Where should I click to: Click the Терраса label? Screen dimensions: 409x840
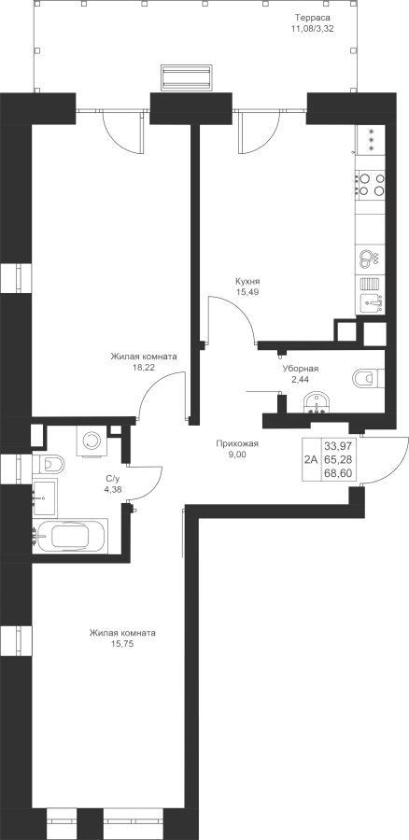coord(315,18)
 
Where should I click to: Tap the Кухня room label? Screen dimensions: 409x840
coord(247,281)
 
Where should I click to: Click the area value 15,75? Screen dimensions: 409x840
coord(122,644)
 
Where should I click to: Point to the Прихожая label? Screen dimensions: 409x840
coord(237,443)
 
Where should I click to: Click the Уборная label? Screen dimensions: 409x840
coord(301,369)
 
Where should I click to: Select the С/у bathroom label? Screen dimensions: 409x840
coord(113,478)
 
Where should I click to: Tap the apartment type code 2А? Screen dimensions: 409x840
coord(312,459)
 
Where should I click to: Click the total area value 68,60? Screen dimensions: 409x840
coord(338,473)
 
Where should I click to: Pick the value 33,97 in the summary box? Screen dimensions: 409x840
coord(338,445)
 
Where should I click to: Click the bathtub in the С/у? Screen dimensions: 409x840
coord(70,535)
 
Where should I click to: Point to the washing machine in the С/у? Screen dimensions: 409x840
coord(92,441)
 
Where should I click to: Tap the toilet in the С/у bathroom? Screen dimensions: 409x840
coord(48,462)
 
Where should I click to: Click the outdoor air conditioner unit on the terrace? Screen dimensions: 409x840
coord(187,78)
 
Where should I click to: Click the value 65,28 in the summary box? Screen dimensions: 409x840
coord(338,459)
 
